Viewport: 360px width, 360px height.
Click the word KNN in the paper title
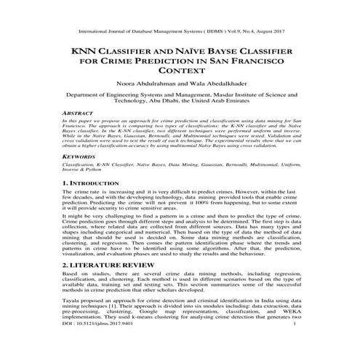click(x=81, y=52)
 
